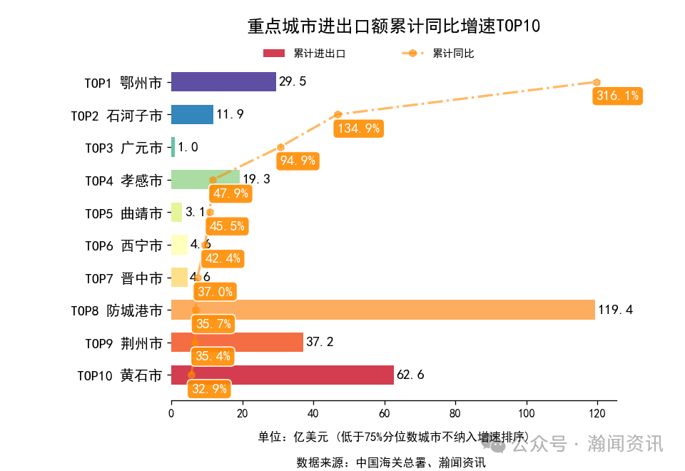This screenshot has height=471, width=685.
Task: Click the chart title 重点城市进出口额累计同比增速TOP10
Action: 394,26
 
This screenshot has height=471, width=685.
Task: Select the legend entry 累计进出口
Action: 305,54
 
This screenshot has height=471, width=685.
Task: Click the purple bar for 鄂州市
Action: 223,82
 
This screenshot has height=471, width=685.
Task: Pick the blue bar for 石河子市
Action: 192,115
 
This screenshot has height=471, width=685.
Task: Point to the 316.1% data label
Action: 617,96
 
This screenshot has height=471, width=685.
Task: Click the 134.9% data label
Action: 358,128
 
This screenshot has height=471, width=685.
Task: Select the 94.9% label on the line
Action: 298,161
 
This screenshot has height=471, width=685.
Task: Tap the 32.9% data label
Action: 210,389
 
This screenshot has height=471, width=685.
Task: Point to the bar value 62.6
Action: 410,375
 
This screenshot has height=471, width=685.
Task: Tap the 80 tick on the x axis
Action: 455,413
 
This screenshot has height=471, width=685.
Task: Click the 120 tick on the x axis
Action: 597,413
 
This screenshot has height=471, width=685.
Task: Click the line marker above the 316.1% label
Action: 597,82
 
